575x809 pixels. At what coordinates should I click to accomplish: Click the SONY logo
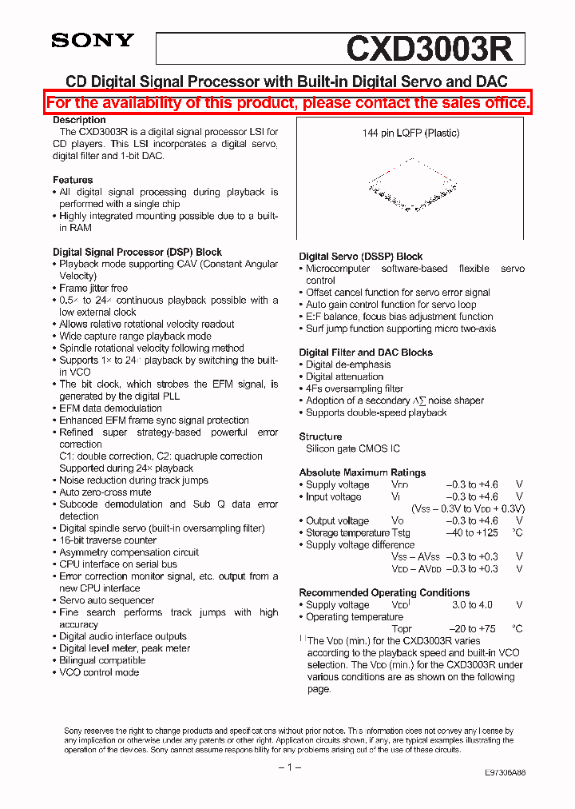(x=93, y=41)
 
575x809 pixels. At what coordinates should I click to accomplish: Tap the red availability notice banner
(x=287, y=103)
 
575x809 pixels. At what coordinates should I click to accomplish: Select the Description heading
(x=79, y=120)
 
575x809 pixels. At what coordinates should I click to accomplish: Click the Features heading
(x=73, y=180)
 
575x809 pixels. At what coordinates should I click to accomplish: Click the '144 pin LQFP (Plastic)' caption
(x=410, y=134)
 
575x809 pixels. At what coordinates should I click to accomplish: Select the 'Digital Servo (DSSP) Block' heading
(x=361, y=257)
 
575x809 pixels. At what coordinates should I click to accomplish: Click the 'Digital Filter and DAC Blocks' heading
(x=366, y=353)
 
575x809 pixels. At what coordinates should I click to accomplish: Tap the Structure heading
(x=320, y=436)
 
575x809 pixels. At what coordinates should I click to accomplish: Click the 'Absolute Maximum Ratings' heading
(x=362, y=472)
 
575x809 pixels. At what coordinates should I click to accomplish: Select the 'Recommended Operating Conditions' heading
(x=384, y=592)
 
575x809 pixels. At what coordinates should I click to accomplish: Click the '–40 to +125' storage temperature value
(x=471, y=533)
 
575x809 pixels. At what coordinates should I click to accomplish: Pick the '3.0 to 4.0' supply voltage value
(x=474, y=605)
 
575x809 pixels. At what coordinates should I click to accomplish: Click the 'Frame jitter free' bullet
(x=93, y=288)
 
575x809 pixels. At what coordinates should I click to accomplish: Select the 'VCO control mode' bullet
(x=99, y=672)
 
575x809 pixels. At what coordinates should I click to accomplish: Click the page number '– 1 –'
(x=288, y=767)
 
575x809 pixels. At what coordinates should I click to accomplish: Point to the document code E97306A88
(x=505, y=773)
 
